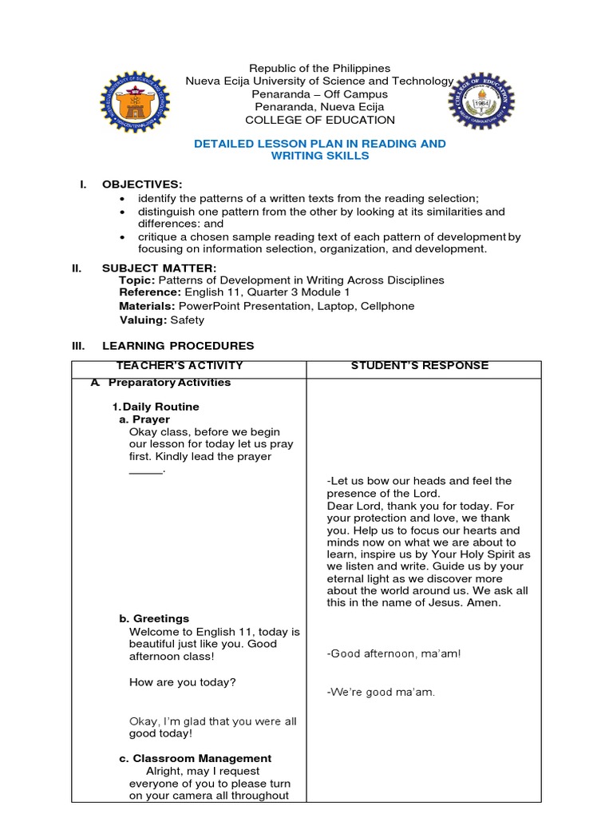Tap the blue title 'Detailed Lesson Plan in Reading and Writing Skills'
tap(320, 149)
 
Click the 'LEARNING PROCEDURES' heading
tap(178, 346)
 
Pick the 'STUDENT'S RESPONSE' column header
tap(419, 366)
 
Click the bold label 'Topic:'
tap(137, 280)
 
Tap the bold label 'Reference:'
tap(150, 293)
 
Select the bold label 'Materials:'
tap(148, 306)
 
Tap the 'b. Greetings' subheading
tap(154, 618)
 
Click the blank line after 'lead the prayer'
tap(146, 471)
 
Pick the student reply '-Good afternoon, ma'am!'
tap(394, 653)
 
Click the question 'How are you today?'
tap(182, 682)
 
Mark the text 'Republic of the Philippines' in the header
tap(320, 69)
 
